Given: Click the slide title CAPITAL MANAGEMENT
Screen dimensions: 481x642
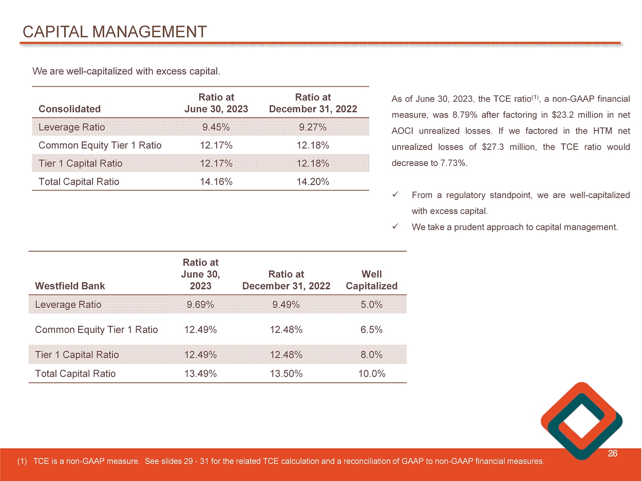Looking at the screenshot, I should click(115, 32).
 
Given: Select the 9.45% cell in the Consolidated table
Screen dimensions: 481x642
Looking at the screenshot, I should click(216, 127).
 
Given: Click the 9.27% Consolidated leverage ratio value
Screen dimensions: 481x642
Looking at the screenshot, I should click(313, 127).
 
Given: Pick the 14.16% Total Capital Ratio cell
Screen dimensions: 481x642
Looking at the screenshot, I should click(216, 181).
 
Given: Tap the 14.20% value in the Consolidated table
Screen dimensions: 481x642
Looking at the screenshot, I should click(313, 181).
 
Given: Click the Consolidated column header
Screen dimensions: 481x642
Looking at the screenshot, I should click(69, 109).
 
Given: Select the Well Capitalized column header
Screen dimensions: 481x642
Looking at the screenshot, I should click(371, 281).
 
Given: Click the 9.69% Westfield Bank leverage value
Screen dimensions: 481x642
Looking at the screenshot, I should click(200, 305).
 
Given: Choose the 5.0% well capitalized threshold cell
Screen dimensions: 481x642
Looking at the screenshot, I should click(371, 305).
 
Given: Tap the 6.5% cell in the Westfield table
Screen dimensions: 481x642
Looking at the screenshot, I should click(371, 330).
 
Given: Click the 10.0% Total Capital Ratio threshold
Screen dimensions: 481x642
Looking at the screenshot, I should click(371, 374).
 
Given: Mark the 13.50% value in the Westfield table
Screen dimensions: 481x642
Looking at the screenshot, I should click(286, 374).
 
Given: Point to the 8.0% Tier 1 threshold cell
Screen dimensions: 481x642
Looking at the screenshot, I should click(371, 355).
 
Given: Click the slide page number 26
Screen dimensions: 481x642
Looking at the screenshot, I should click(612, 454).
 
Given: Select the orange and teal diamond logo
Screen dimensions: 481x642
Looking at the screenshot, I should click(581, 420).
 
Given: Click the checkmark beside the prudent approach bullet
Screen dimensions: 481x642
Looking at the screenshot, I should click(395, 227).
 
